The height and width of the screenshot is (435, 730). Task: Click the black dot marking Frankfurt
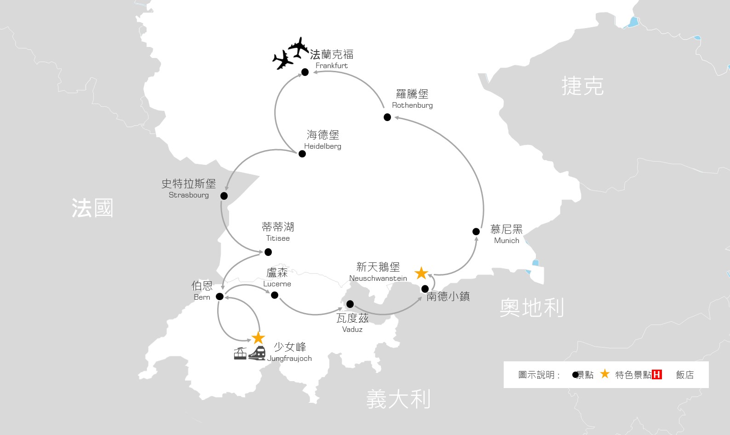[305, 72]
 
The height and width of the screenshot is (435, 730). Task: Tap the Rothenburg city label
[412, 99]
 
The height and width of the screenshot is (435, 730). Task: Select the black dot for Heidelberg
[302, 154]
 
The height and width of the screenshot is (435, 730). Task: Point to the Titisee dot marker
[268, 252]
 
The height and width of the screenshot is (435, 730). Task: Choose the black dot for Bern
[220, 296]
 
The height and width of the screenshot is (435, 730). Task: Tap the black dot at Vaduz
[350, 304]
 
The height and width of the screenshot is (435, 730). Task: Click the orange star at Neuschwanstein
[421, 273]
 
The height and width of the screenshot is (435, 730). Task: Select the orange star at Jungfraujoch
[259, 338]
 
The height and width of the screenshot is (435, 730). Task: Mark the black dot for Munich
[476, 232]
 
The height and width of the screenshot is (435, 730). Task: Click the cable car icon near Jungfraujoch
[240, 354]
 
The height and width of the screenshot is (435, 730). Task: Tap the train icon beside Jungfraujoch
[257, 354]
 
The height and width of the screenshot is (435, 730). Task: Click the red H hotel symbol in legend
[657, 375]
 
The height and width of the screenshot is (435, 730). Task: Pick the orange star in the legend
[605, 374]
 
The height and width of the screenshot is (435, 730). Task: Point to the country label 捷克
[582, 86]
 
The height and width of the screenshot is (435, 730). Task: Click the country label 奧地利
[532, 307]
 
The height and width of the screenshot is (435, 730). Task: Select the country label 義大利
[398, 399]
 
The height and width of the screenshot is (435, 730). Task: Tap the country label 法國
[92, 208]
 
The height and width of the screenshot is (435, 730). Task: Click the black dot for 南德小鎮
[425, 289]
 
